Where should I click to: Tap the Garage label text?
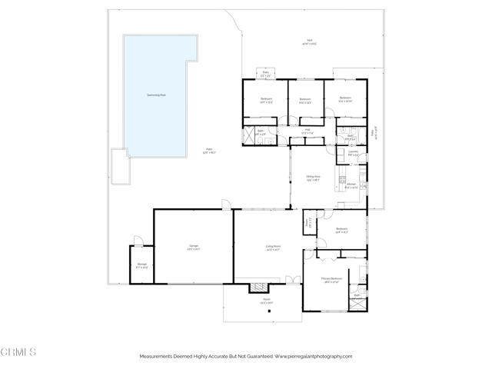[x=194, y=247]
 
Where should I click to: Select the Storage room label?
[x=142, y=266]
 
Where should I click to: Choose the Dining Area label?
[x=313, y=178]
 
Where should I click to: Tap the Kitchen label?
[x=351, y=185]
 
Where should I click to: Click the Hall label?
[x=307, y=130]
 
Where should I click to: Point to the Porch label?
[x=266, y=302]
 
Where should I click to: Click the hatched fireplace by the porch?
[x=256, y=289]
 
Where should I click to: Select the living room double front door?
[x=293, y=278]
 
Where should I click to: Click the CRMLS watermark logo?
[x=18, y=353]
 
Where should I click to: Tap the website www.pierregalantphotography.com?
[x=311, y=357]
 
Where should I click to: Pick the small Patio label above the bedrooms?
[x=265, y=75]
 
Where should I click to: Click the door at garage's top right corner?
[x=225, y=204]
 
